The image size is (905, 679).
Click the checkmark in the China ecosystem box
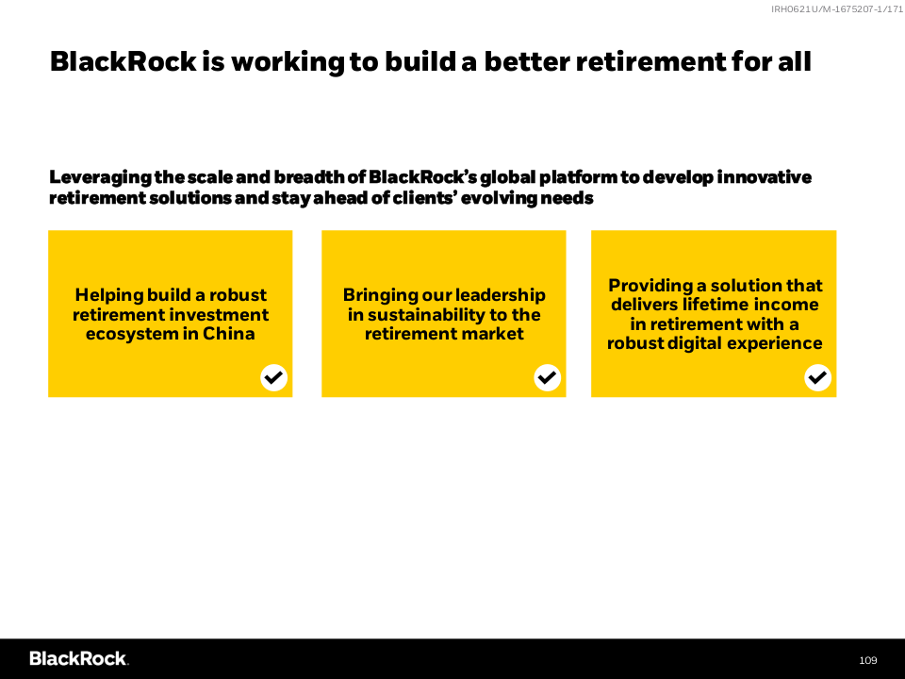click(x=273, y=377)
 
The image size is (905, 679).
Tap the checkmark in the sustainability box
click(x=547, y=377)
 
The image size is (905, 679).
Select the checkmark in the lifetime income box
click(x=817, y=377)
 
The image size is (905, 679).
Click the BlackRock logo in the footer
click(x=79, y=659)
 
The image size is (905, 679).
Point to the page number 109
click(x=867, y=660)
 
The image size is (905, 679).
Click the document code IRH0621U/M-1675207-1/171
click(x=837, y=8)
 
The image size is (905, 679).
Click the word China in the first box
click(x=228, y=334)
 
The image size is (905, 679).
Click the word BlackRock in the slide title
click(x=123, y=61)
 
